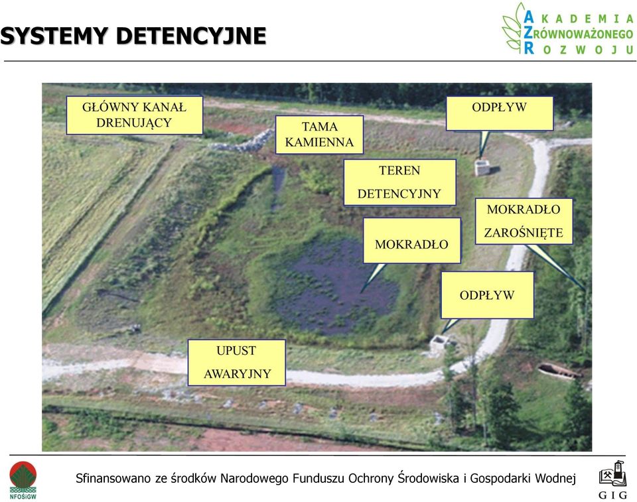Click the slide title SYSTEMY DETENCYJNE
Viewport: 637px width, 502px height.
coord(133,36)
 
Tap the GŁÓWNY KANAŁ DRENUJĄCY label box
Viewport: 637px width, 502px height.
coord(135,115)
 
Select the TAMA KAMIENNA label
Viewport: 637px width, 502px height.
coord(319,135)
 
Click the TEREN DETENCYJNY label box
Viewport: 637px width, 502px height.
coord(399,182)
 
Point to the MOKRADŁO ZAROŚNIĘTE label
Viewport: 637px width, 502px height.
coord(524,221)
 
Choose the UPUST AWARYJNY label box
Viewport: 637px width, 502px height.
coord(236,362)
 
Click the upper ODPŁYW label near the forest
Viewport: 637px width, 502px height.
coord(499,113)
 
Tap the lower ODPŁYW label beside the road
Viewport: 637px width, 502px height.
coord(487,295)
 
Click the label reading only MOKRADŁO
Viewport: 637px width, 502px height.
coord(411,241)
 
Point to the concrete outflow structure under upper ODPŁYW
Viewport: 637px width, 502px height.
coord(482,168)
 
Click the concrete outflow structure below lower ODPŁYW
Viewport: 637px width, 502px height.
coord(439,344)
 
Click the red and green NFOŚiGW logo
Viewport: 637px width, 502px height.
coord(23,480)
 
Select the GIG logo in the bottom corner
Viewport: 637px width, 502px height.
coord(613,479)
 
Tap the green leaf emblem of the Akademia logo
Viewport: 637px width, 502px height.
coord(513,29)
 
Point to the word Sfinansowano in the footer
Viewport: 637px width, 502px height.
coord(113,478)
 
